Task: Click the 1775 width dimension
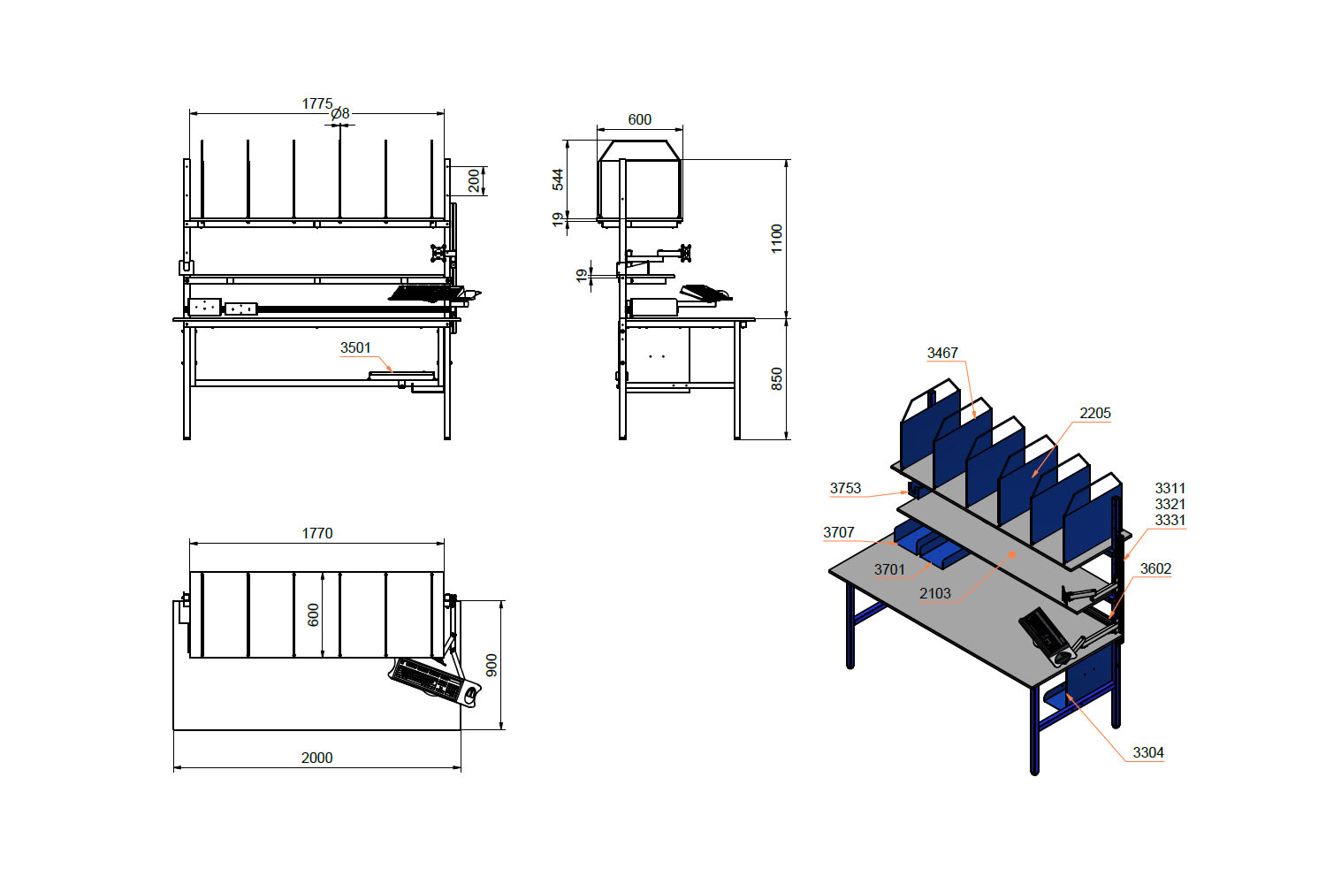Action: tap(317, 103)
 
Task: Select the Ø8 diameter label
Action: tap(340, 113)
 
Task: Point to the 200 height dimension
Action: tap(474, 180)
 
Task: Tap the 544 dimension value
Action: tap(558, 180)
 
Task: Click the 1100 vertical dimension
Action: tap(777, 239)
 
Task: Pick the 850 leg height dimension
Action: tap(777, 379)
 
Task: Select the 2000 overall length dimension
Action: tap(316, 758)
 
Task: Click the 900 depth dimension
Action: tap(492, 666)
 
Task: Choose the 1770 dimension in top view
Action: tap(317, 533)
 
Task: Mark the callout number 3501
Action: tap(355, 347)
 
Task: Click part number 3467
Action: tap(942, 353)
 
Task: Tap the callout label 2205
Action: tap(1095, 414)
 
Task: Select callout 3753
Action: tap(845, 489)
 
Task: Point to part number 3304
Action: tap(1148, 752)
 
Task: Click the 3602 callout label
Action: tap(1155, 569)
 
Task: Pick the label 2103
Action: tap(935, 593)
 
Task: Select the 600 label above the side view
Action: tap(639, 119)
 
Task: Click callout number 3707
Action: tap(839, 532)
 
